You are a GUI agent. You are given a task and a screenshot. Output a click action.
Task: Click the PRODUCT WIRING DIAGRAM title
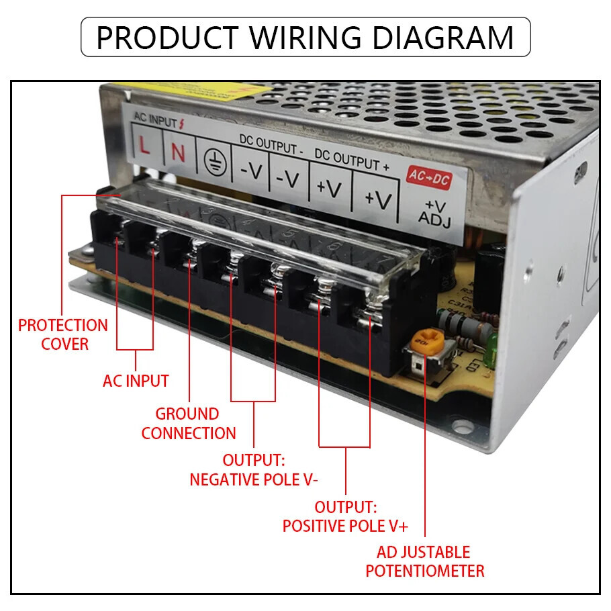pos(305,37)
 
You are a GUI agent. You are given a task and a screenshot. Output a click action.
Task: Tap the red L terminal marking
pos(144,146)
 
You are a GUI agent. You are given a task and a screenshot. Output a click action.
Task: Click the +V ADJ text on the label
pos(434,211)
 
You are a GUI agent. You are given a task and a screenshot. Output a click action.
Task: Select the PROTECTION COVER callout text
pos(63,334)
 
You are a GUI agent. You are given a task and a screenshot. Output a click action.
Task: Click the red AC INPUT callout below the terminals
pos(136,381)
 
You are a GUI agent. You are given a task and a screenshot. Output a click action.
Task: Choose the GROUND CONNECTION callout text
pos(189,424)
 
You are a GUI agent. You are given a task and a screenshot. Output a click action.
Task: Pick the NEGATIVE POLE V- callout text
pos(254,470)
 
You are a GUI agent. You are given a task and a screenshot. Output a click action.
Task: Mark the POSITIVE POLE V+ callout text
pos(345,516)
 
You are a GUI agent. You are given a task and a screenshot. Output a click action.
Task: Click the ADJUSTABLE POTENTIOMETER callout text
pos(424,562)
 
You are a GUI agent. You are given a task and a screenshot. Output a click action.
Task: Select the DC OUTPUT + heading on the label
pos(351,160)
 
